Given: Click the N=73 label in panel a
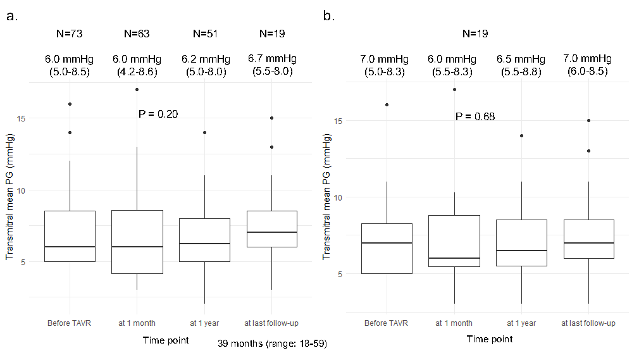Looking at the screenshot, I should pos(69,34).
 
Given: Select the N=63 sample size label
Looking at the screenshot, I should pos(137,34).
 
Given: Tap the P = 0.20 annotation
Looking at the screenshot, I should pos(158,114).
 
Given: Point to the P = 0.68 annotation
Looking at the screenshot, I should pos(475,116).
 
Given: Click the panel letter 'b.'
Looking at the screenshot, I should pos(329,16).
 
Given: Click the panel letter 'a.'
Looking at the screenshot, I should pos(12,16).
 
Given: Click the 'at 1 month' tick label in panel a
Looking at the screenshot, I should pos(137,323).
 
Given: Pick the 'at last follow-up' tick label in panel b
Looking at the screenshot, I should pos(588,323).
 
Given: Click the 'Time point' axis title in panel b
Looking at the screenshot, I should pos(489,339).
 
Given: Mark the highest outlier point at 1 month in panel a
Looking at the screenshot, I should pos(137,89).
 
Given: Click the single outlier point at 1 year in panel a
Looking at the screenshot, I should pos(204,133).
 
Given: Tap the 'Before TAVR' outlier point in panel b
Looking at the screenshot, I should pos(387,105).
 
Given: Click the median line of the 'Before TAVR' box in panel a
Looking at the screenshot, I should pos(70,247).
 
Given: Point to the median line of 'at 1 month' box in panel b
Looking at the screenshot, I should pos(454,258).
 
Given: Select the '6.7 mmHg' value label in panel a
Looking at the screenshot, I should pos(272,59).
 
